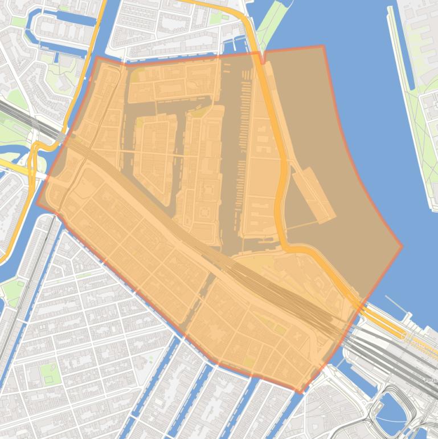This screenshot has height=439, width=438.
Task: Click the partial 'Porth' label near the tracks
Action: pos(430,380)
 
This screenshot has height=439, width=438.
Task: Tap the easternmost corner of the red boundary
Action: pos(402,247)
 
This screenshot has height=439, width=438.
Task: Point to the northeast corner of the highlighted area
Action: pos(323,46)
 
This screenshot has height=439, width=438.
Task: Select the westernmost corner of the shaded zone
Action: pos(37,204)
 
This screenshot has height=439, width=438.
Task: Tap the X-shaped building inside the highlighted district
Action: pos(297,336)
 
